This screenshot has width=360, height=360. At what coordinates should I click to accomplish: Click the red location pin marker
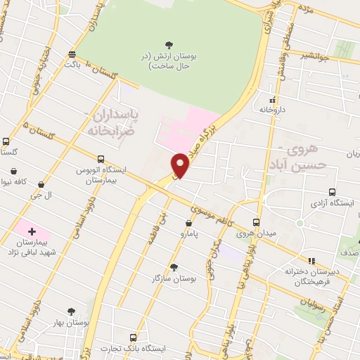click(x=181, y=165)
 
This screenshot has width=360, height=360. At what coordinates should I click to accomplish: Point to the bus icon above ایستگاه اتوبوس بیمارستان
click(x=102, y=159)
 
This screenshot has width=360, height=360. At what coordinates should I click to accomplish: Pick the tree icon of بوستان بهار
click(x=71, y=311)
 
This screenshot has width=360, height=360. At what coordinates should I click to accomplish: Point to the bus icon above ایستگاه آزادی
click(x=332, y=191)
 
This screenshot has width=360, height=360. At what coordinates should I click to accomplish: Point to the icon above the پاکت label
click(x=73, y=54)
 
